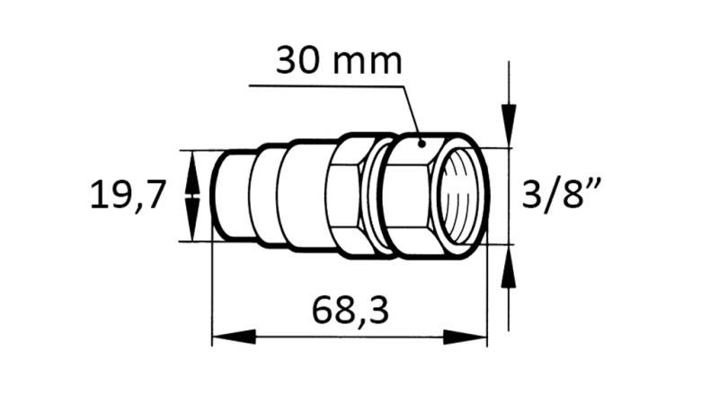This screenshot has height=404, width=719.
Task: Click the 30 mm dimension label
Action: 339,60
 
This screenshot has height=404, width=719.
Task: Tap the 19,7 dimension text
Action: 129,195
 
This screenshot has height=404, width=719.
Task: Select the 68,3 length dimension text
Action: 351,310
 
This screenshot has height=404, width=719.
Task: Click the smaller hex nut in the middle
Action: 346,195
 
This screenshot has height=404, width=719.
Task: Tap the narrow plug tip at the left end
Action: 230,195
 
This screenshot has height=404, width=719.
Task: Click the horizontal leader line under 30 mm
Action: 324,86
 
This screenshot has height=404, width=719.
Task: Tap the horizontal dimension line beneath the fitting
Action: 351,338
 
